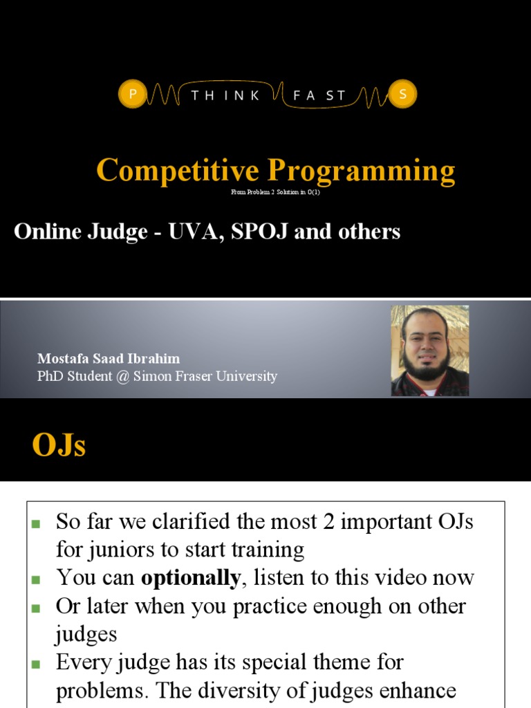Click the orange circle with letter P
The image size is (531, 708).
pyautogui.click(x=131, y=95)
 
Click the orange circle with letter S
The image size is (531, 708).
pyautogui.click(x=402, y=95)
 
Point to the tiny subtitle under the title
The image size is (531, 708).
pyautogui.click(x=275, y=192)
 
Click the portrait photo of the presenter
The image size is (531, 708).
pyautogui.click(x=429, y=351)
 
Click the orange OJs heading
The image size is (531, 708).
pyautogui.click(x=59, y=445)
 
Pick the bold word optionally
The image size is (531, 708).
pyautogui.click(x=191, y=577)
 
